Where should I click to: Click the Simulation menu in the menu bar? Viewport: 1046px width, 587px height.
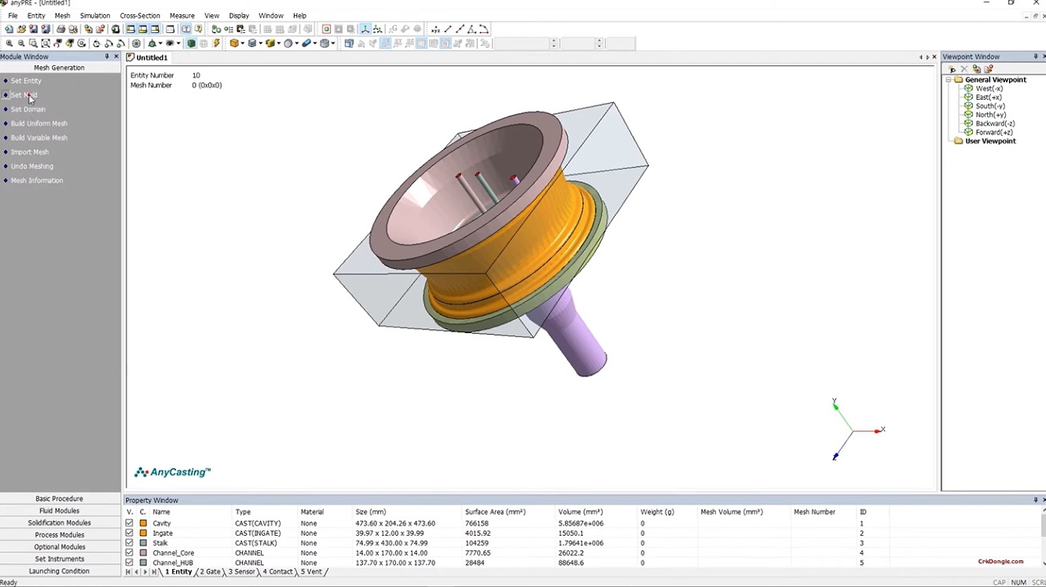95,16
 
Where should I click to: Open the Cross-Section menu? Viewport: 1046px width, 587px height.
140,16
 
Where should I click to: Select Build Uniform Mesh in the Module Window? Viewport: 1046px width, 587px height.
39,123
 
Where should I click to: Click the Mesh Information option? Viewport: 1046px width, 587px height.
37,181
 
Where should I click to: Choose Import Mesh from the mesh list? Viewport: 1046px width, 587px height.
30,152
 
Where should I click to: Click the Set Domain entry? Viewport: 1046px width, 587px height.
28,109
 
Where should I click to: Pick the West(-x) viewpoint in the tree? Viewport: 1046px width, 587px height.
989,89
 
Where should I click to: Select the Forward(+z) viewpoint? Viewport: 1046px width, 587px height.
993,132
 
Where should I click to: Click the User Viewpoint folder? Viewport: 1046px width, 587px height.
990,141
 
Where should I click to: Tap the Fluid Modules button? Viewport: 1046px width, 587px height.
60,511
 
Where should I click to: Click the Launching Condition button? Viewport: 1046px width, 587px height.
60,571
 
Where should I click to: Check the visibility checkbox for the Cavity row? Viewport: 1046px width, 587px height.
130,523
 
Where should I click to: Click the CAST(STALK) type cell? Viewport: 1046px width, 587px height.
256,543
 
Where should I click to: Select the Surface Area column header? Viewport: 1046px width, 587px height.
494,512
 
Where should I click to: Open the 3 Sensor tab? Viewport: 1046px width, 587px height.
242,572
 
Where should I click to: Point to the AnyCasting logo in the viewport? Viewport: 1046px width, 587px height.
173,472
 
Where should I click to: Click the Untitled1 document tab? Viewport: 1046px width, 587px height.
151,57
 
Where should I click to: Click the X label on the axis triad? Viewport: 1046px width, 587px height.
883,429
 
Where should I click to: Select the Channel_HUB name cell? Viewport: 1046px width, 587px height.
173,563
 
